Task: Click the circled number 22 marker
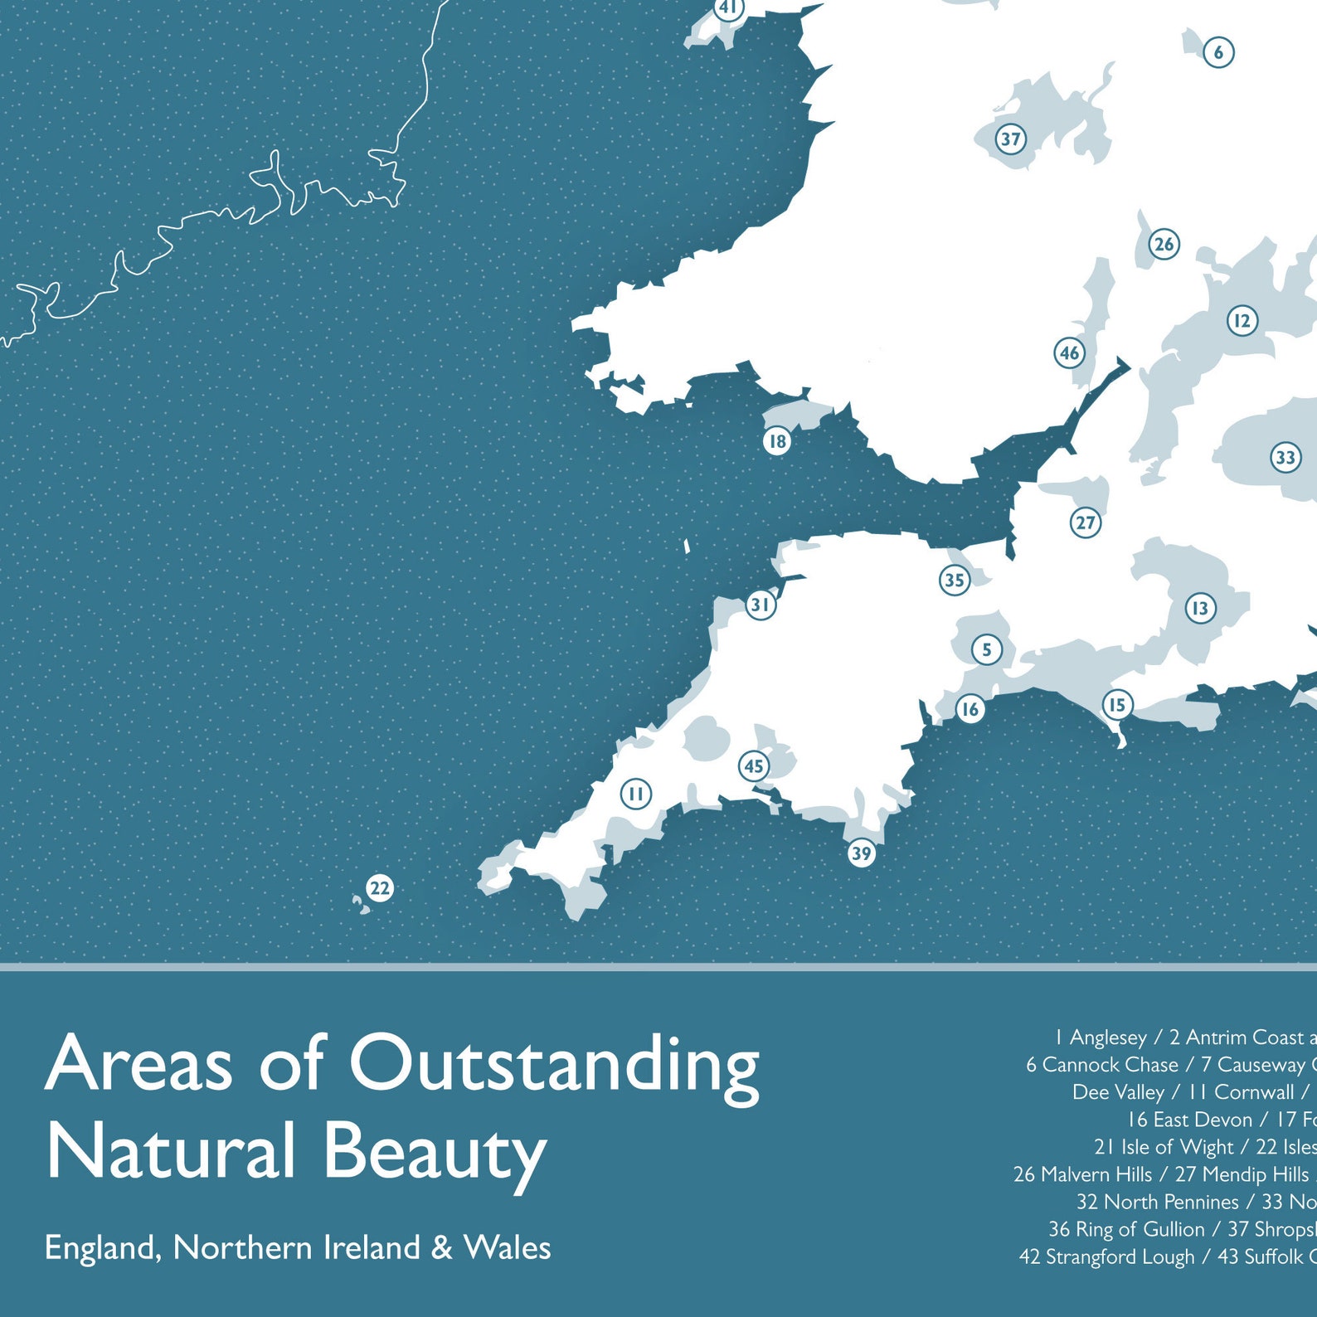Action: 380,888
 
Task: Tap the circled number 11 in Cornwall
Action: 636,794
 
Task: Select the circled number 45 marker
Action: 754,765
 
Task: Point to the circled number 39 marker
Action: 862,853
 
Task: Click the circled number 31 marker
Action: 761,605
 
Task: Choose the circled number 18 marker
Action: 777,441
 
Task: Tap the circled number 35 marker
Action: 955,580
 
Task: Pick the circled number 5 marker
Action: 986,649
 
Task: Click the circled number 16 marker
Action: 970,709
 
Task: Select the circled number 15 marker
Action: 1117,705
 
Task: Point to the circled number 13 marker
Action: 1200,609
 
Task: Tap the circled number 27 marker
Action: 1086,522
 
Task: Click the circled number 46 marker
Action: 1070,353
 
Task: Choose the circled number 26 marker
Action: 1164,244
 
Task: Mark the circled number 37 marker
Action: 1010,139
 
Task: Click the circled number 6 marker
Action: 1218,52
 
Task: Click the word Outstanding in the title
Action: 553,1064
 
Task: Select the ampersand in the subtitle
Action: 443,1248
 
